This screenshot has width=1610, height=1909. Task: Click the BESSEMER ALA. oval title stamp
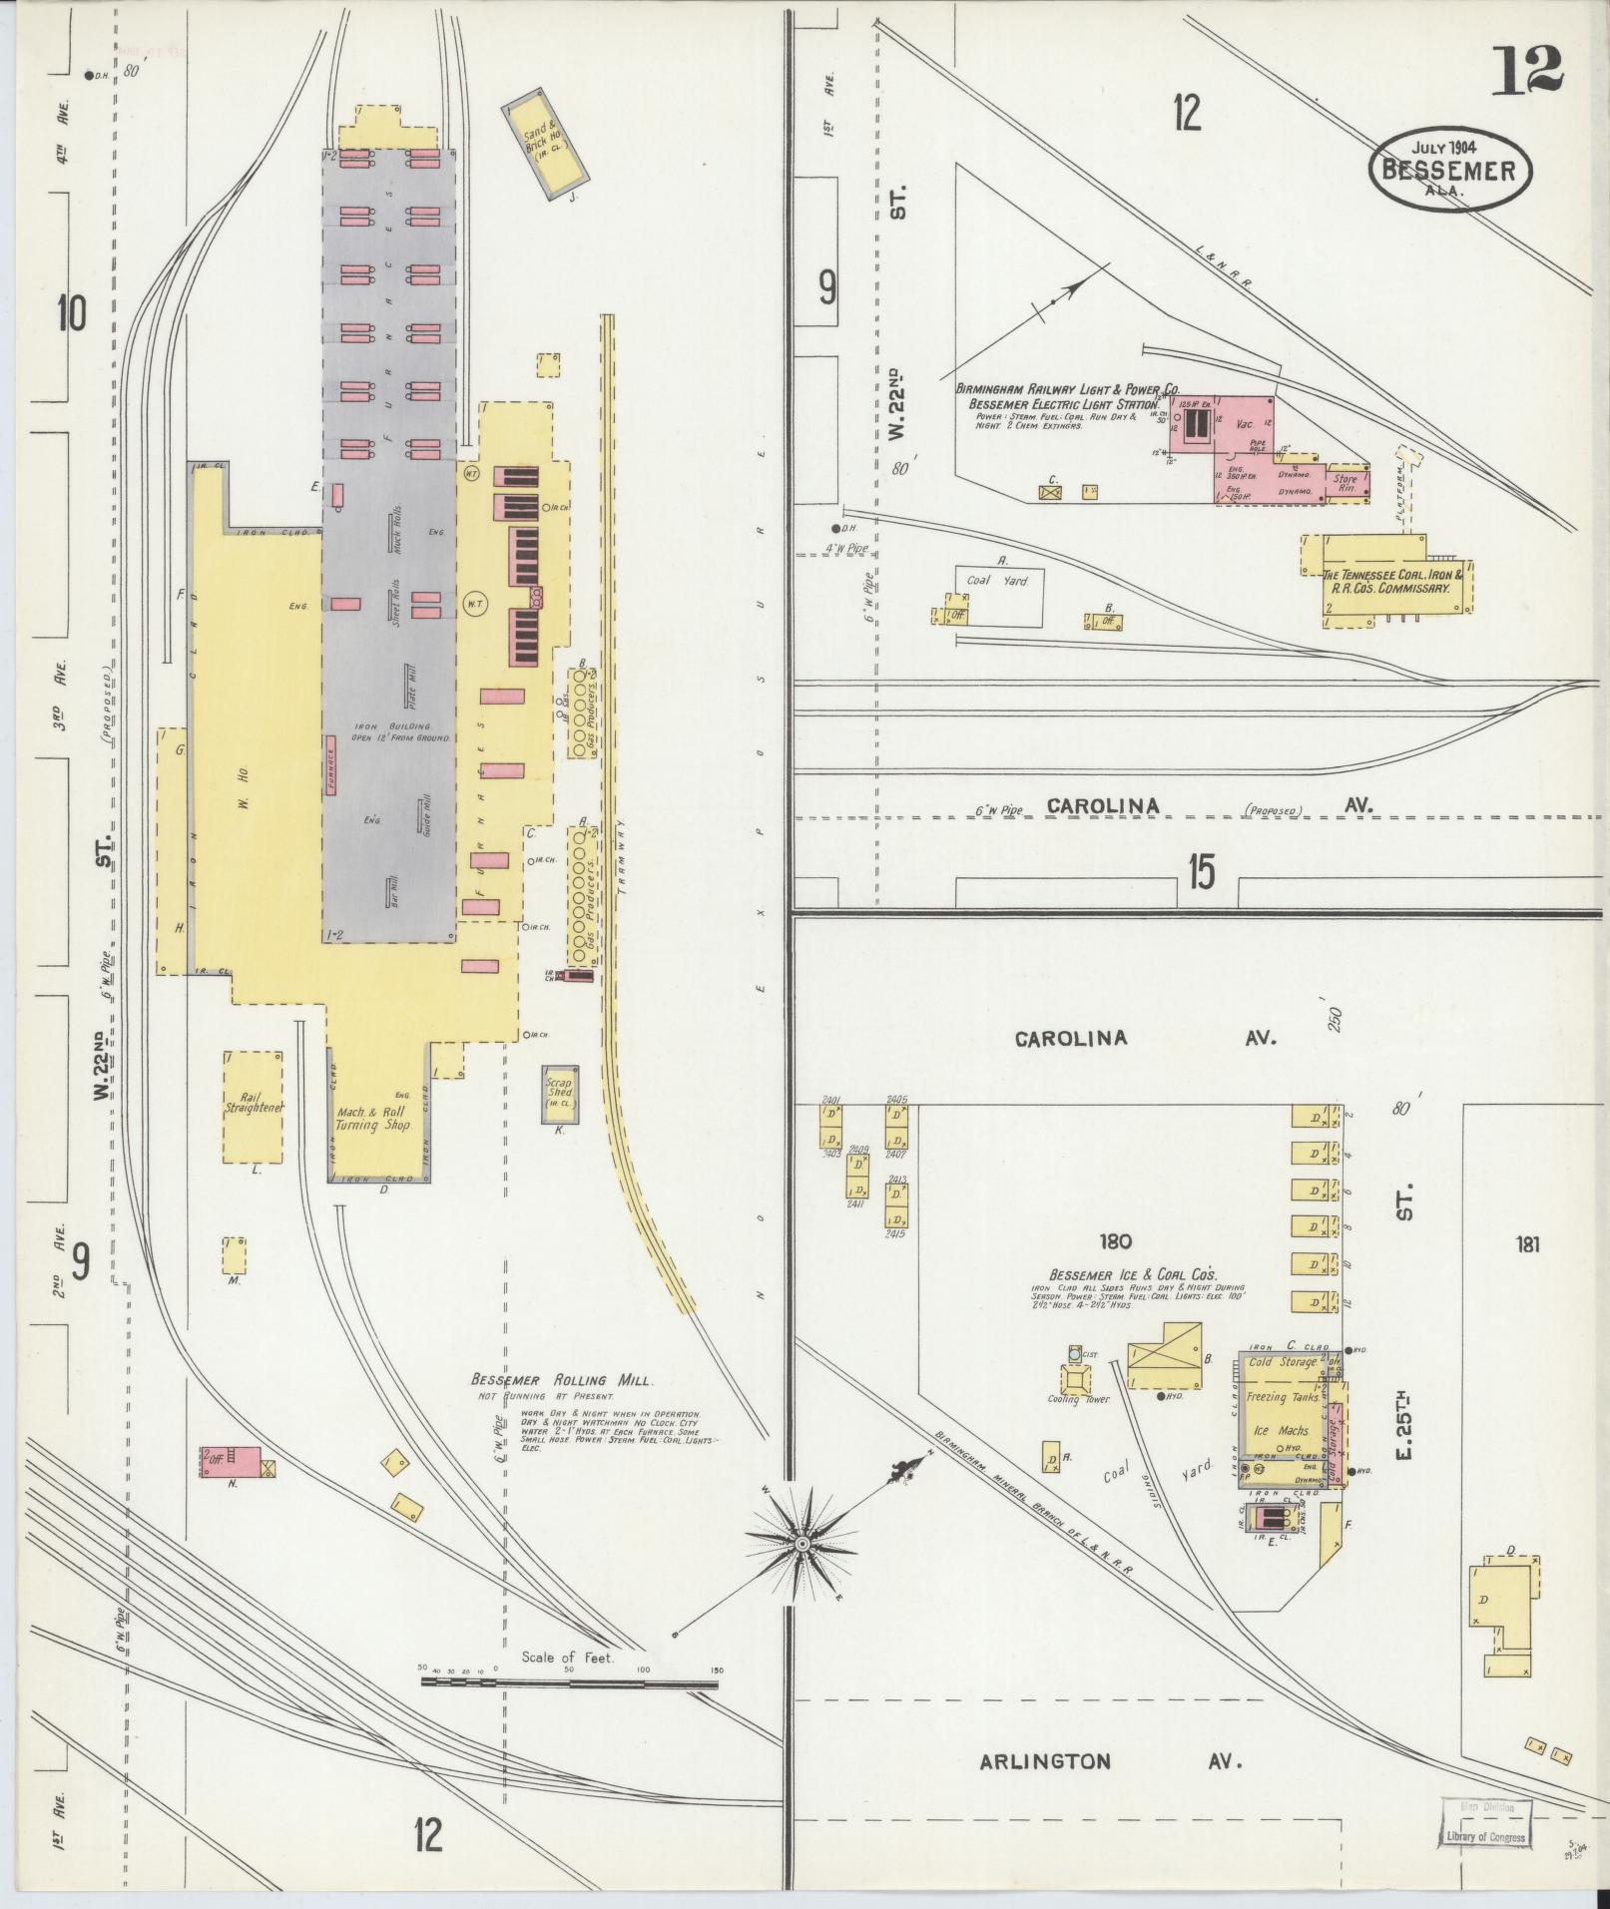coord(1446,167)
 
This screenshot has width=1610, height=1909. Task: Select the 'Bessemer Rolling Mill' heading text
coord(562,1380)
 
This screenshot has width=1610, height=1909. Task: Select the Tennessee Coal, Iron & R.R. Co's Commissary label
coord(1392,582)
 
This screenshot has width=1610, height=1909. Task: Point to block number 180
coord(1115,1242)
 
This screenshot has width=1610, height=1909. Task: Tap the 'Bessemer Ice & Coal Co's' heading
coord(1131,1275)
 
